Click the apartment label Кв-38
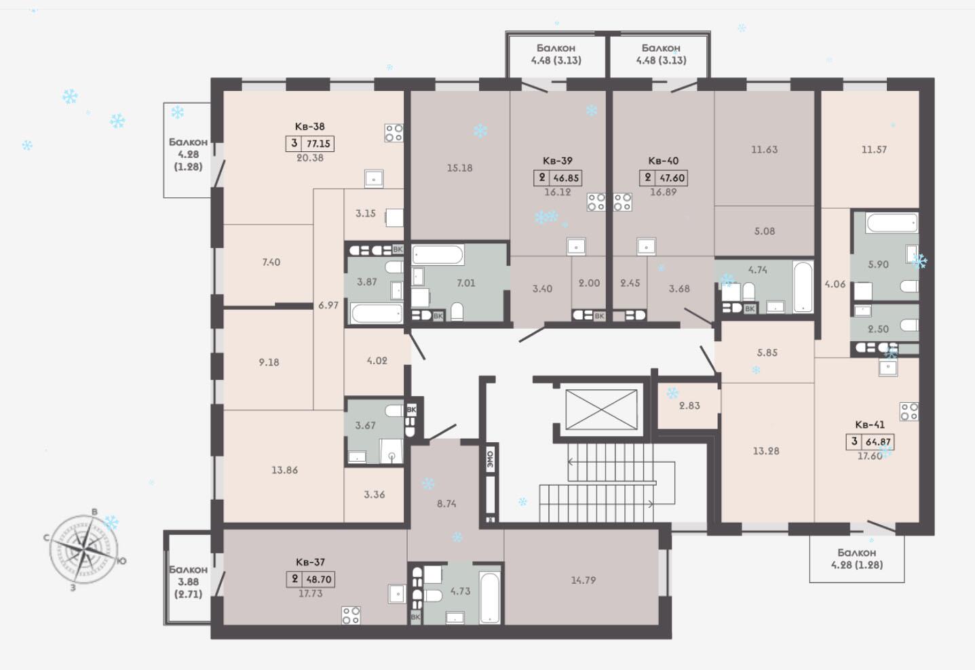point(310,127)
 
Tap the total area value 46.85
point(566,178)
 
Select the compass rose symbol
point(83,549)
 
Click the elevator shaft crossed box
point(601,410)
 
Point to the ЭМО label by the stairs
point(490,459)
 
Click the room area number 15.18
point(459,168)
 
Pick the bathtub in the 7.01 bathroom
point(438,254)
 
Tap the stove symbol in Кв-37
point(351,615)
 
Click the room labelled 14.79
point(584,580)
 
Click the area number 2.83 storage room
point(689,406)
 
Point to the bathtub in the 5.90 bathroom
point(892,223)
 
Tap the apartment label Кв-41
point(870,425)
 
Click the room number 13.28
point(766,451)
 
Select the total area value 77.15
point(318,144)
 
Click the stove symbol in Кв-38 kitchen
point(394,133)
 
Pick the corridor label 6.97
point(328,305)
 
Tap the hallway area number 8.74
point(446,504)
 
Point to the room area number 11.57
point(874,150)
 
